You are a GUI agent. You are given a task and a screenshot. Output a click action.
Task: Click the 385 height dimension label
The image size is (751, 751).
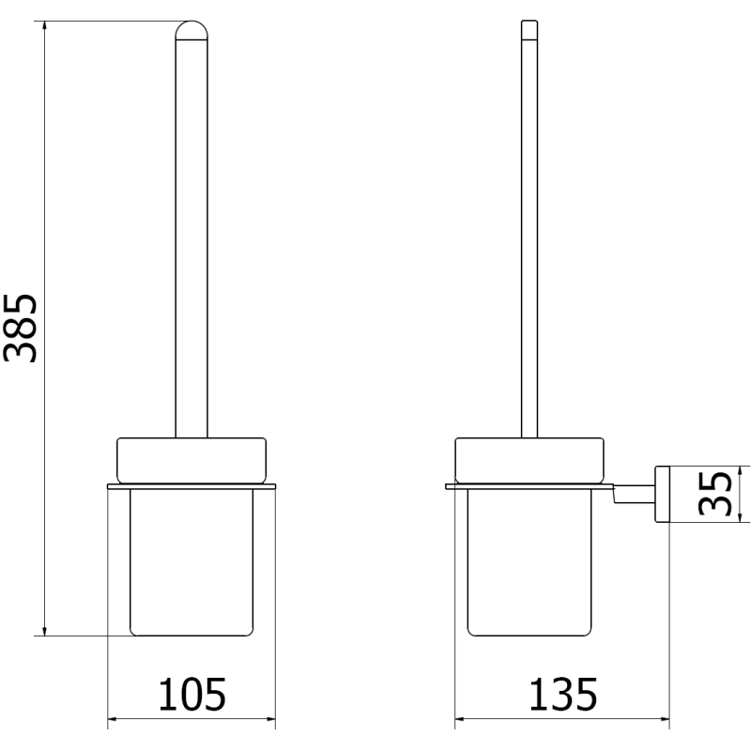coord(21,328)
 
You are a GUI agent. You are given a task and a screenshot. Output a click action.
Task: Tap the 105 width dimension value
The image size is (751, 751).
coord(192,696)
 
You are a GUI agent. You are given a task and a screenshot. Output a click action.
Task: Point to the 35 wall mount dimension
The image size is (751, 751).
coord(716,494)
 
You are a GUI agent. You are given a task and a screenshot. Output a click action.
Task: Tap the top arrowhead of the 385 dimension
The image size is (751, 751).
coord(43,24)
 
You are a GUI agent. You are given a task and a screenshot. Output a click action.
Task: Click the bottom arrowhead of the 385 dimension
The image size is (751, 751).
coord(43,630)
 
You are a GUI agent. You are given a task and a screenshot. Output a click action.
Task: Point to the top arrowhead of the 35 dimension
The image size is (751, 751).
coord(739,470)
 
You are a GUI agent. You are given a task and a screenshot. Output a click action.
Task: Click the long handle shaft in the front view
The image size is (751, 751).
coord(192,235)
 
